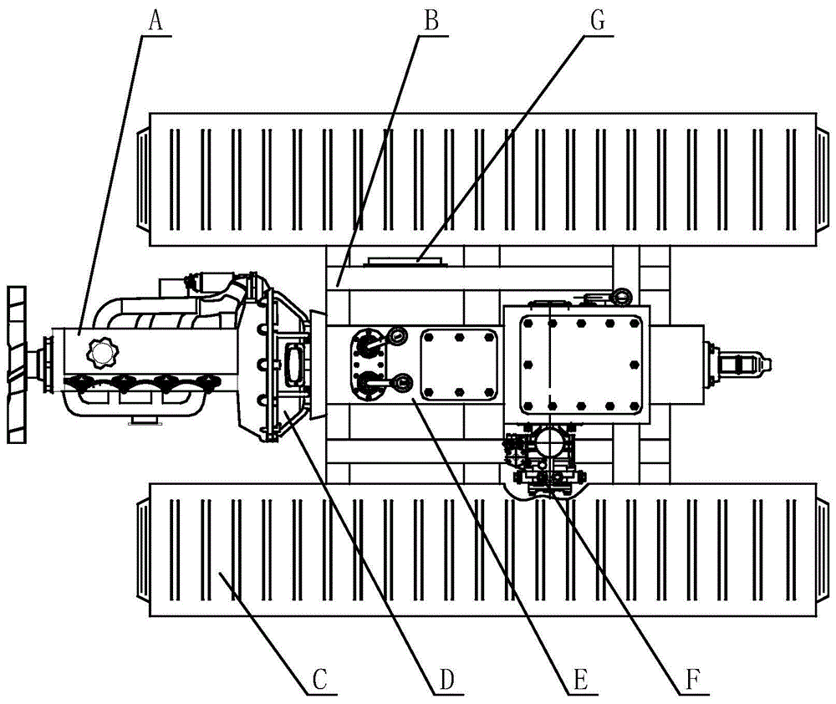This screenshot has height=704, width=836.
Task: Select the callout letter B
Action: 431,22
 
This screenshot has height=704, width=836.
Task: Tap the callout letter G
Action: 599,22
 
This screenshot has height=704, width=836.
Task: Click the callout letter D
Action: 446,680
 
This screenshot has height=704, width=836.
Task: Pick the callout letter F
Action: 691,680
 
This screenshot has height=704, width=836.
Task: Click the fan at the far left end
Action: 16,365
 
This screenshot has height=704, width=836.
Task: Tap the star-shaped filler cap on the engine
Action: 104,352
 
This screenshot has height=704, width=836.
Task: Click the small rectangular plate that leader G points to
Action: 404,261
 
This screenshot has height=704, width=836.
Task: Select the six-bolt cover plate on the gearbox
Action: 459,365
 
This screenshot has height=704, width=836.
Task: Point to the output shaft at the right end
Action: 738,365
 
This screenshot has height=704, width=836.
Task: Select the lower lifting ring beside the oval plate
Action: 400,382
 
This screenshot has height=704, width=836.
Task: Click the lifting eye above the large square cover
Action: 622,296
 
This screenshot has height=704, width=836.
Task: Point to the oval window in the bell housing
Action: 294,365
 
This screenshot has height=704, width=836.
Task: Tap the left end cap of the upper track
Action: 143,179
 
